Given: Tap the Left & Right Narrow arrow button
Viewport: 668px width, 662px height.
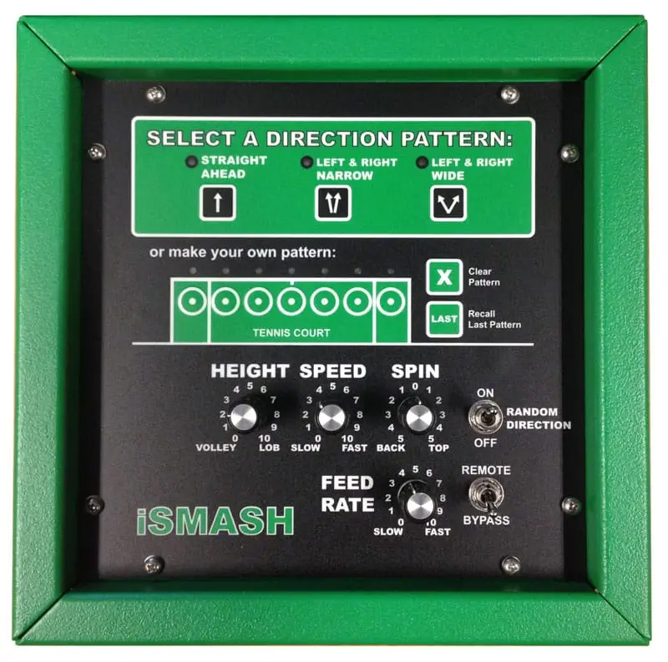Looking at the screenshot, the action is pyautogui.click(x=332, y=203).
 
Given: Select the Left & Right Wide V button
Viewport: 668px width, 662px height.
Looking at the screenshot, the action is pyautogui.click(x=448, y=203).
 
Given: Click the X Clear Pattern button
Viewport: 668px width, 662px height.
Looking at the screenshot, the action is pyautogui.click(x=444, y=277).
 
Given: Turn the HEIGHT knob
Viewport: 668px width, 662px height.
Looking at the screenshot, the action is pyautogui.click(x=243, y=417).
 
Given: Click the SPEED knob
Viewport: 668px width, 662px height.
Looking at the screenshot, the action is pyautogui.click(x=331, y=418).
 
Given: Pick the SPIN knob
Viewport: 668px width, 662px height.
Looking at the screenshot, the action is pyautogui.click(x=419, y=418).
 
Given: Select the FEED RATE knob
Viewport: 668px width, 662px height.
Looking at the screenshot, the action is pyautogui.click(x=420, y=506).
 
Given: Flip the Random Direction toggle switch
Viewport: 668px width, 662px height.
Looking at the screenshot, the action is pyautogui.click(x=485, y=417).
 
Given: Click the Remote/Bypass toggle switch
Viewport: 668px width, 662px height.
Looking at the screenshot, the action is pyautogui.click(x=487, y=495).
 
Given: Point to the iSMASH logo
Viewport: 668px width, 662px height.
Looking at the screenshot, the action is pyautogui.click(x=215, y=521).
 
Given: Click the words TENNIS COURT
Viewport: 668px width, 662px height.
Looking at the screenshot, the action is pyautogui.click(x=291, y=333).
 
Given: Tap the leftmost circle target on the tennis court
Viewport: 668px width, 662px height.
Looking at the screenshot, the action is pyautogui.click(x=192, y=301).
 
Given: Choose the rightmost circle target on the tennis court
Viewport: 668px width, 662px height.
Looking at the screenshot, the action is pyautogui.click(x=391, y=301).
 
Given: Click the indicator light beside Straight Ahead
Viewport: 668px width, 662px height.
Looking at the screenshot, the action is pyautogui.click(x=191, y=161).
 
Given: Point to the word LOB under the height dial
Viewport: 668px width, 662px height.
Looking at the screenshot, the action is pyautogui.click(x=269, y=447).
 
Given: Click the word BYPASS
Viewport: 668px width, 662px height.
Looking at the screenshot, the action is pyautogui.click(x=486, y=520).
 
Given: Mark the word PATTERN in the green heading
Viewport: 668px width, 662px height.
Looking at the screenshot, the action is pyautogui.click(x=457, y=139).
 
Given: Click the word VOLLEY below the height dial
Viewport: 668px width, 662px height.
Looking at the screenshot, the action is pyautogui.click(x=215, y=447).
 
